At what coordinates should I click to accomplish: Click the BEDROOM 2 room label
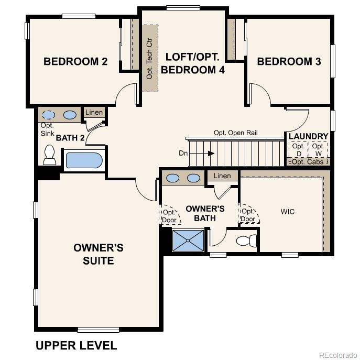tap(75, 62)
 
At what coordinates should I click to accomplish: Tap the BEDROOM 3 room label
tap(289, 62)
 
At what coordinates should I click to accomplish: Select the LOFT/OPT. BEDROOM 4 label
tap(192, 63)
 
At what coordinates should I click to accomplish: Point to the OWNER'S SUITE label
tap(99, 254)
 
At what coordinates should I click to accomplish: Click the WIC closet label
tap(287, 212)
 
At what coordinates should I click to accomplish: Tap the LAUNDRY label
tap(308, 136)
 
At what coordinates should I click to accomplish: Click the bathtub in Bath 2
tap(84, 160)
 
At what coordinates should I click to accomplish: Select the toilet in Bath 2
tap(50, 155)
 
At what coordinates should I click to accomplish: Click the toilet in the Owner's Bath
tap(246, 241)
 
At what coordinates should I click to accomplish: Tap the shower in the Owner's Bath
tap(188, 241)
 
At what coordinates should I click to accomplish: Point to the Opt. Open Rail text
tap(235, 133)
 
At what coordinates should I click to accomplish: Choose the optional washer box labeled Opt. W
tap(318, 150)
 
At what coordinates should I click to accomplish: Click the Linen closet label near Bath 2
tap(94, 112)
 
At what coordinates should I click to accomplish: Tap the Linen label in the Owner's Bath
tap(222, 176)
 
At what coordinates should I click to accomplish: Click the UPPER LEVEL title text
tap(76, 345)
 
